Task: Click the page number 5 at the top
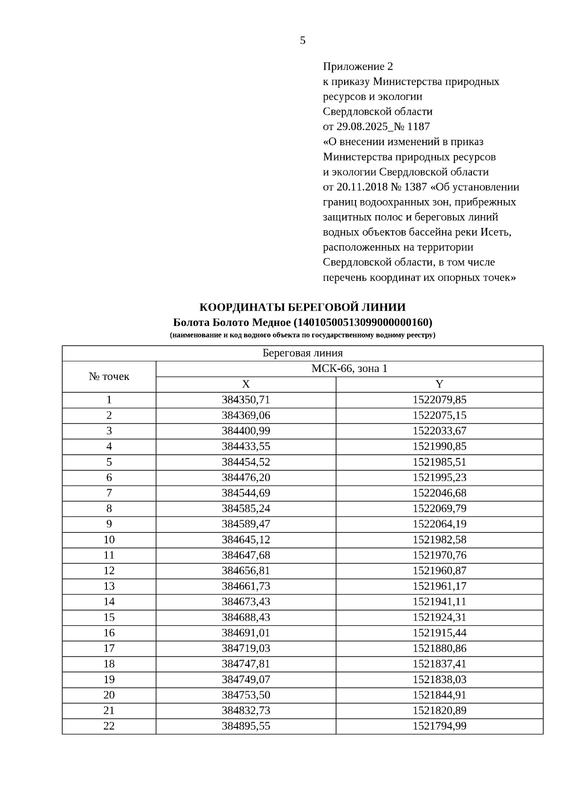302,40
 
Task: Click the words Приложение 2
358,66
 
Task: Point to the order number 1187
418,127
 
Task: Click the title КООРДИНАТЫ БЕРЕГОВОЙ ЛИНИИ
302,307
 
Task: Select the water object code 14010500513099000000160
362,323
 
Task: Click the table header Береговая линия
302,353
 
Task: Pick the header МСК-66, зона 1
349,369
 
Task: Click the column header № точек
109,377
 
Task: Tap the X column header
246,384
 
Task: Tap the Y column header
439,384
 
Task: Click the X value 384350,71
246,400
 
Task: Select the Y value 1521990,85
439,446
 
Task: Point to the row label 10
109,540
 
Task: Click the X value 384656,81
246,571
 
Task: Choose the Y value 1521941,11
439,602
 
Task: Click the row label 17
109,648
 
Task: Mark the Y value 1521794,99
439,726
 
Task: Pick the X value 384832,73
246,710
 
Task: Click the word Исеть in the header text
495,232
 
